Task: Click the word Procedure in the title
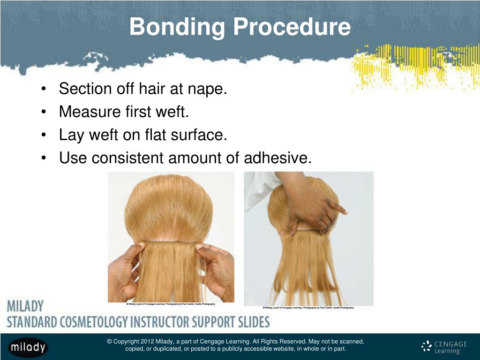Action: point(291,27)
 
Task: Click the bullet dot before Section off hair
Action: point(44,89)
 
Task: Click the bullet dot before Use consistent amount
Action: point(44,159)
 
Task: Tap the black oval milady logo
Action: point(28,347)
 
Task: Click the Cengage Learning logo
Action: point(444,347)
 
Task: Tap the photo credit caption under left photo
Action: point(171,304)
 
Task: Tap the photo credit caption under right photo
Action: point(308,307)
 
